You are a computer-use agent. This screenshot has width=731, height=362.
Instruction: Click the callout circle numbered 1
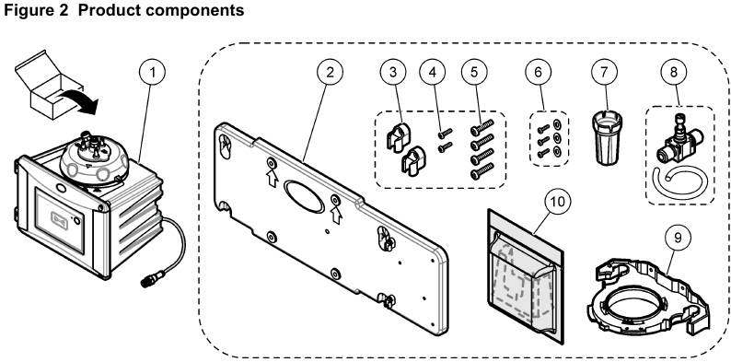152,72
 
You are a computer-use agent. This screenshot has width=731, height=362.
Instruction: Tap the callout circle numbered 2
331,72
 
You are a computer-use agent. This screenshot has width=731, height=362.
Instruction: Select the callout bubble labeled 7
605,72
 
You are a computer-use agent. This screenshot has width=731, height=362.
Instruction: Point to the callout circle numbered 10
557,202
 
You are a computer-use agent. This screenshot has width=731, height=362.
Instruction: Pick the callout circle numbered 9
678,238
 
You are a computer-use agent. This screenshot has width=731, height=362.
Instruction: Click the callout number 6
538,72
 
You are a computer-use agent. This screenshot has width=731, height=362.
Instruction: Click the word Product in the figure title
110,10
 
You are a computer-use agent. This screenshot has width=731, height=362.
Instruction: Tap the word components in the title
196,11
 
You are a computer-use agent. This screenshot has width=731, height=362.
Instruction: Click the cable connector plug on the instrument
149,280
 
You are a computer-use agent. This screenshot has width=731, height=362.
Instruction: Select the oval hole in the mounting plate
305,197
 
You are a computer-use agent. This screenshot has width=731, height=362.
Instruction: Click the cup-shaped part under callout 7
605,138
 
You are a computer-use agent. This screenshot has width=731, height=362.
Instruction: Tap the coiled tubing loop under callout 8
680,184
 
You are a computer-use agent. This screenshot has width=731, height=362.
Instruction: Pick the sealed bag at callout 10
526,277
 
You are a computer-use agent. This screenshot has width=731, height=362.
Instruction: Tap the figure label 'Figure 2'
35,10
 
